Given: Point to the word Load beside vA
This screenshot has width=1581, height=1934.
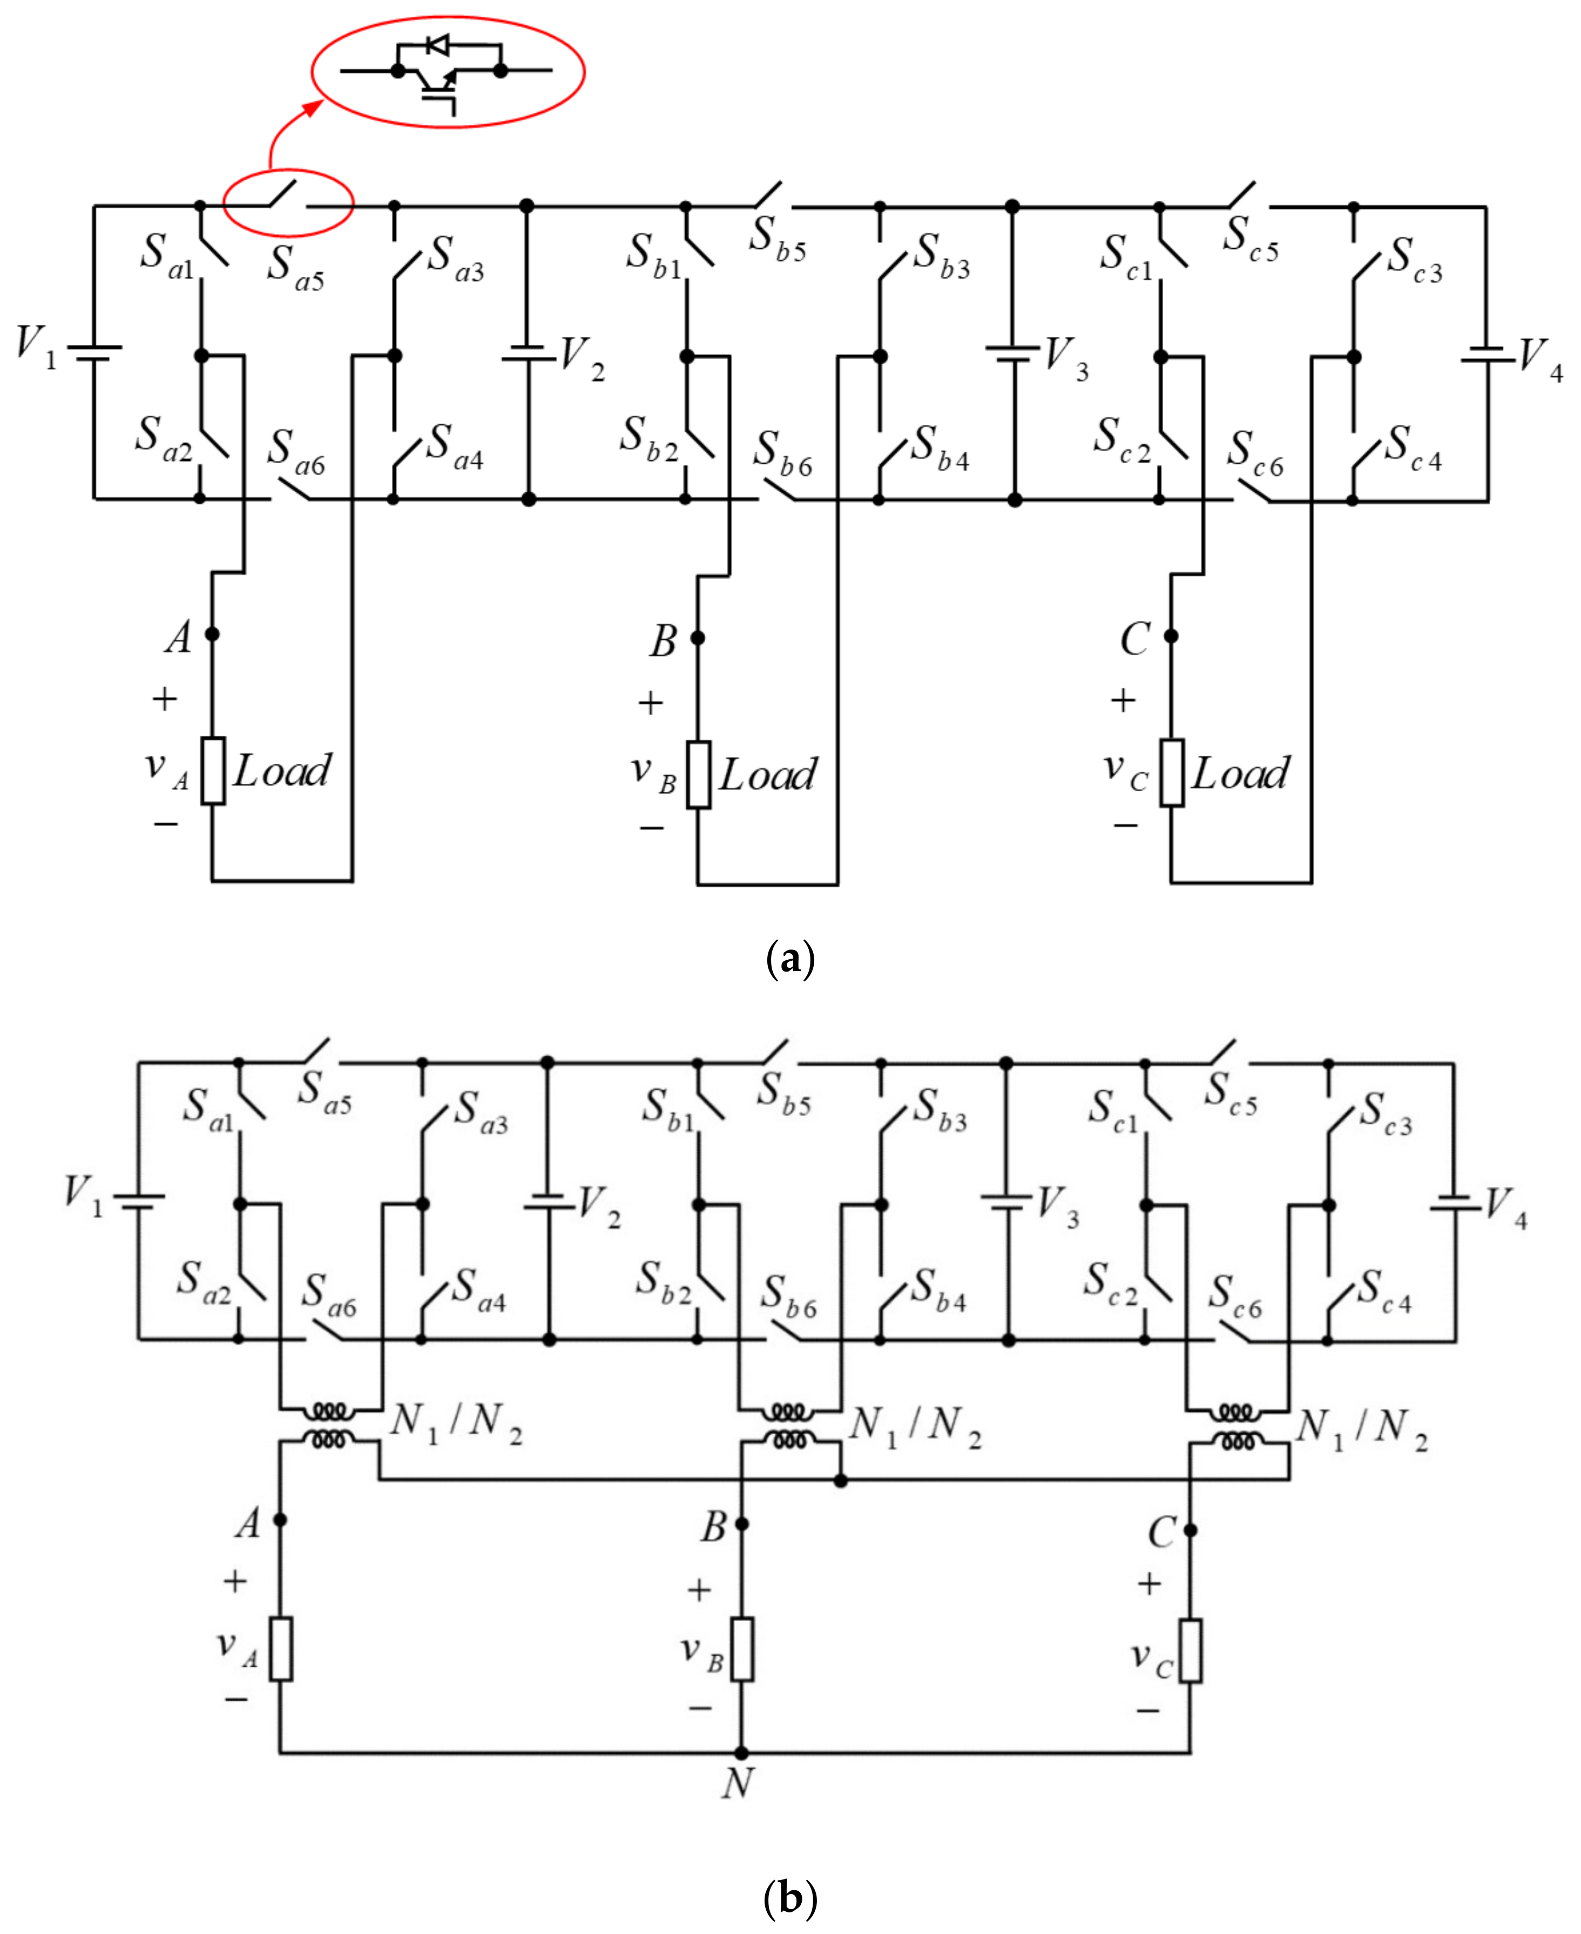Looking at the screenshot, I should (282, 771).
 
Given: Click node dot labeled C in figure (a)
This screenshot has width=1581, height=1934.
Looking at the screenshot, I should (1171, 636).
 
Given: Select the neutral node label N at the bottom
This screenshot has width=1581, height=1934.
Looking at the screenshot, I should (738, 1783).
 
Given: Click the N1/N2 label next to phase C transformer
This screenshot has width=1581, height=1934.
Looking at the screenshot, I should (1362, 1428).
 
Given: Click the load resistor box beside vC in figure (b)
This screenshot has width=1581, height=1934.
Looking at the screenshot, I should (1190, 1651).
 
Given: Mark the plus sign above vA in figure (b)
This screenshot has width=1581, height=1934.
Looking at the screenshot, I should (235, 1580).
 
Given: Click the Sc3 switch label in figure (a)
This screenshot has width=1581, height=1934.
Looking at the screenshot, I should (1414, 260).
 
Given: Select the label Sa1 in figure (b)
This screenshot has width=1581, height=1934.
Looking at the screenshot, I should (208, 1109).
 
